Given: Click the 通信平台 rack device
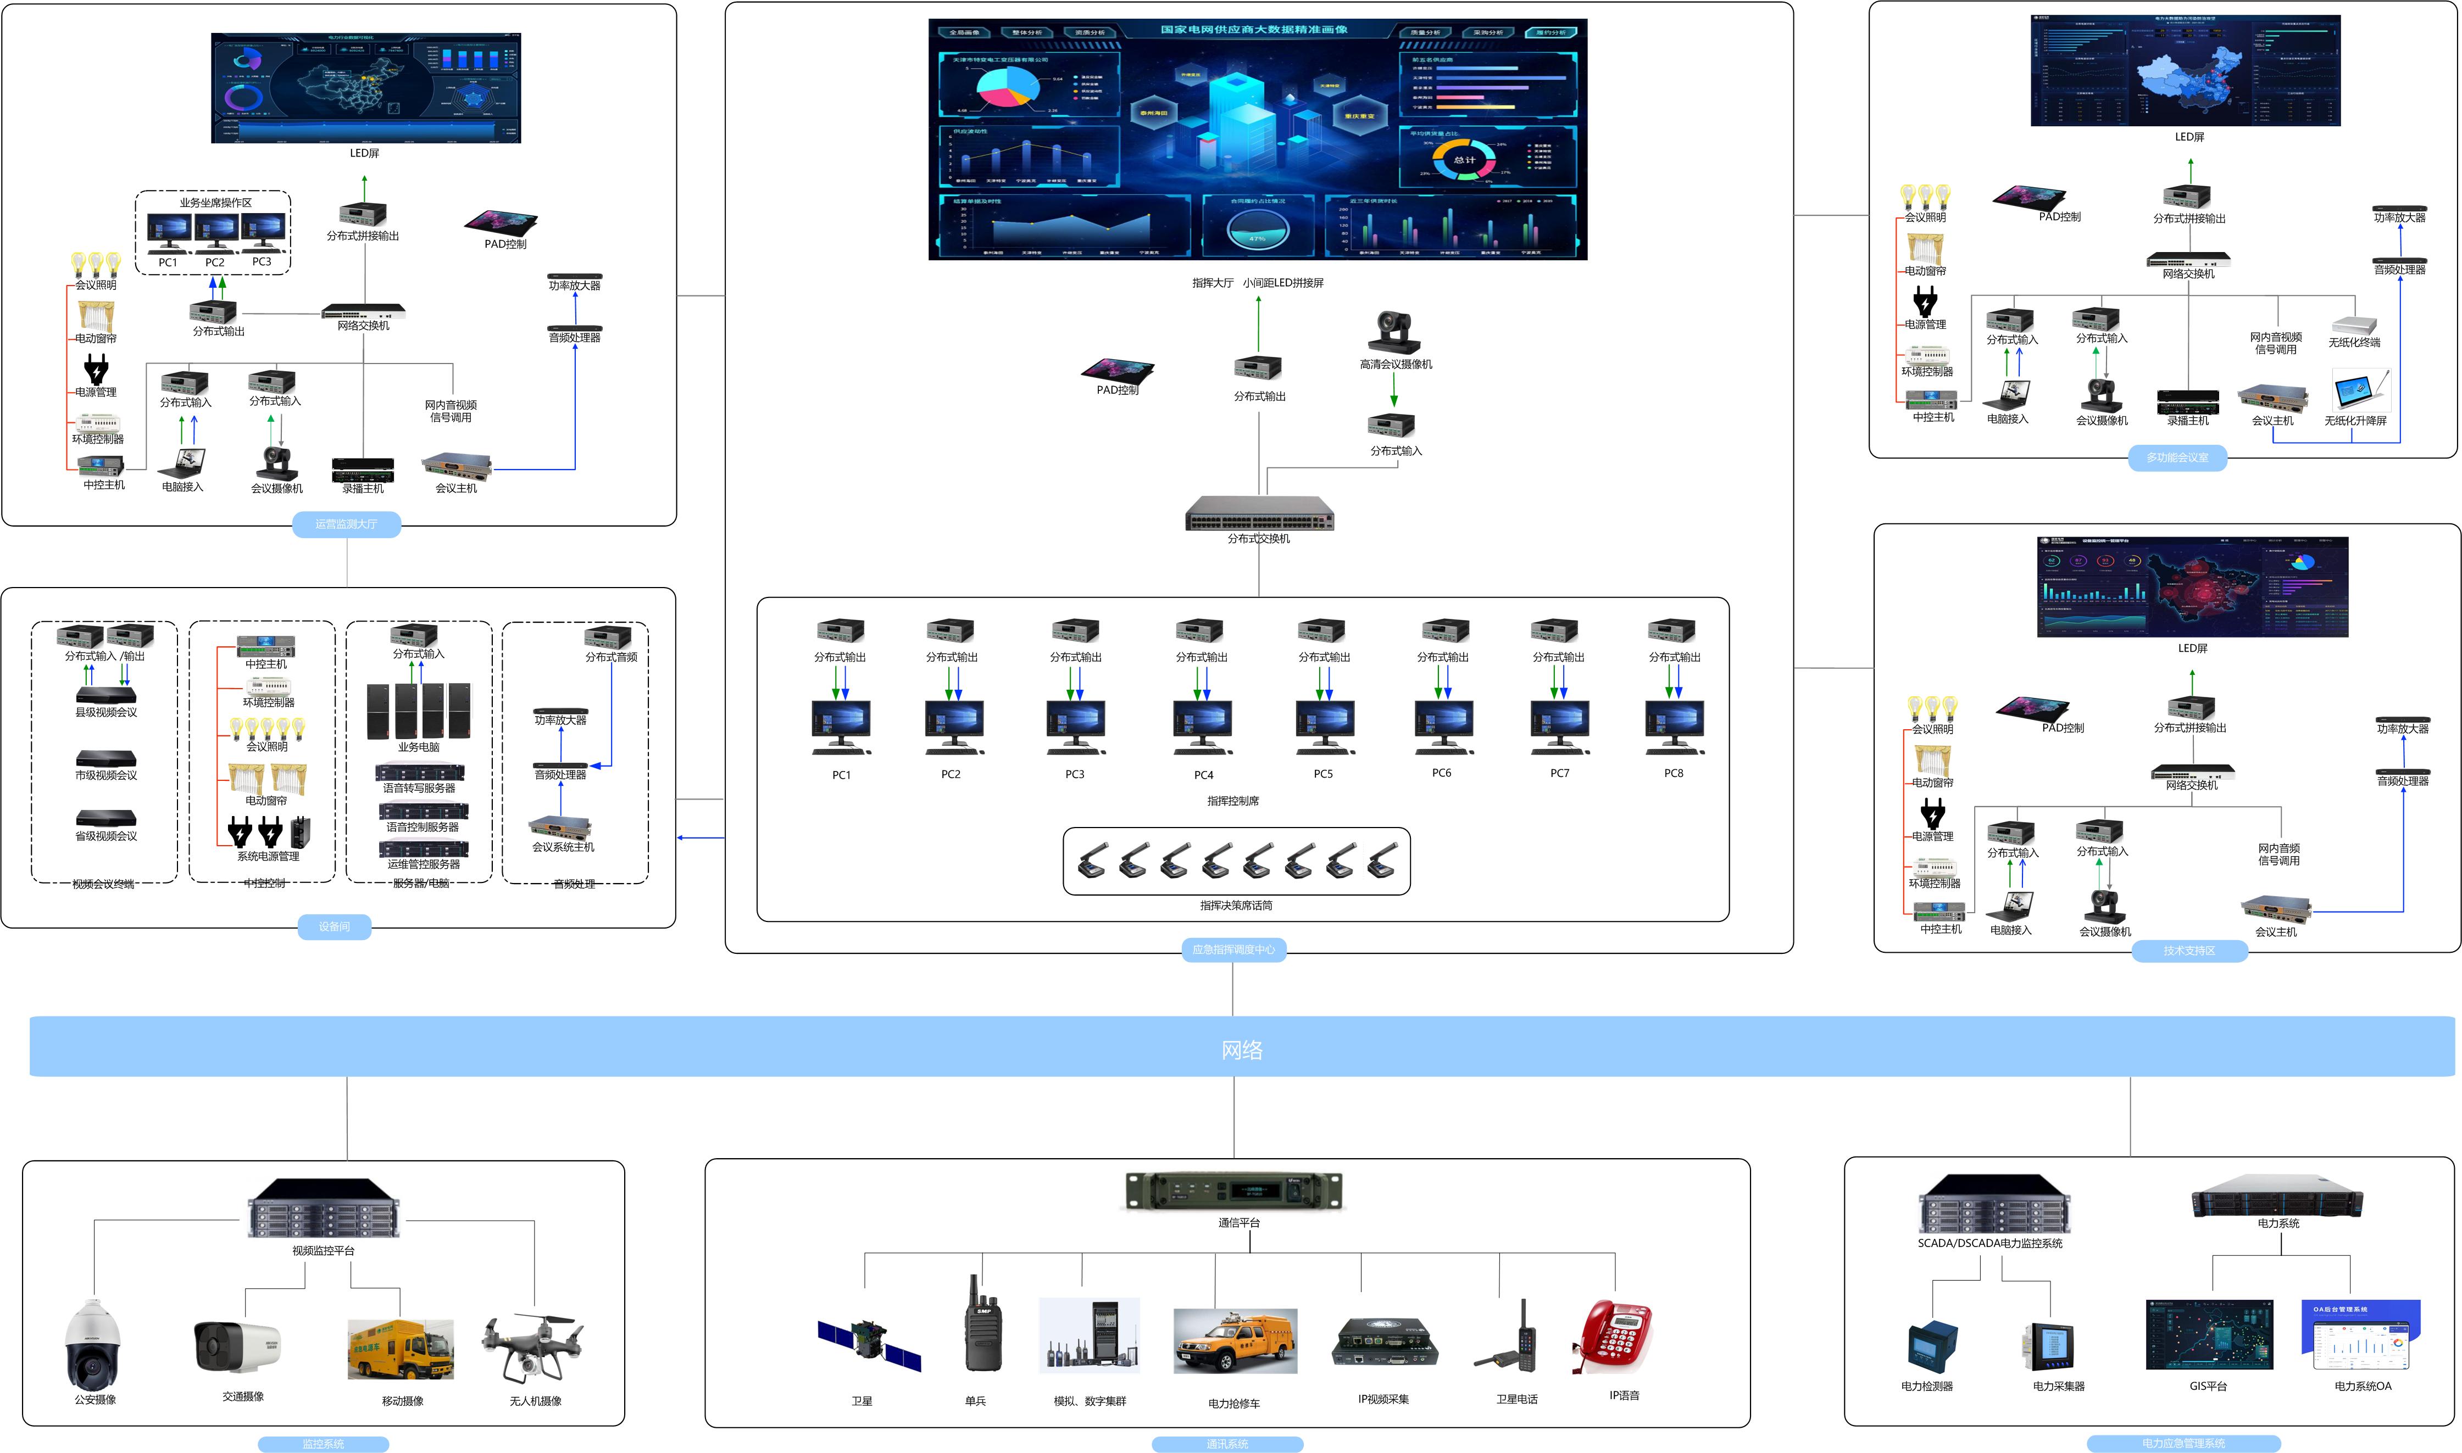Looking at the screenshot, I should tap(1234, 1192).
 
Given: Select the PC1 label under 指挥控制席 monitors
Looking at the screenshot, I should tap(841, 774).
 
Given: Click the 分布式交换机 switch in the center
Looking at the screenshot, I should tap(1259, 513).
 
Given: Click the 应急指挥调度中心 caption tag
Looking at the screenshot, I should tap(1233, 949).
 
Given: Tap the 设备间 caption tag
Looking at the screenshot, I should tap(334, 926).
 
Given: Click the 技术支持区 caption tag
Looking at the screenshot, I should tap(2189, 951).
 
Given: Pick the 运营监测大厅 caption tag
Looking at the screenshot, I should tap(346, 524).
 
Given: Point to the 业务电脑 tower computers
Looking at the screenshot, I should tap(418, 711).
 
